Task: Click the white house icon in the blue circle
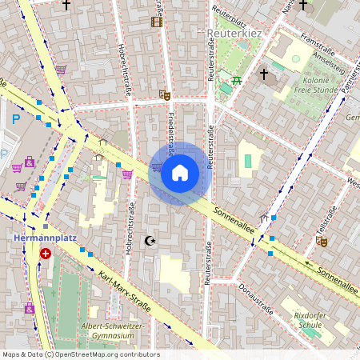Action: (x=180, y=172)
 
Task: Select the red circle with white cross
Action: (x=46, y=254)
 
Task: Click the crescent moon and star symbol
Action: (x=149, y=240)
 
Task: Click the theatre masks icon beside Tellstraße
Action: (x=322, y=240)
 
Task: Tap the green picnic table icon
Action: (x=237, y=80)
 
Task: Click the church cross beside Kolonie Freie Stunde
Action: (x=264, y=74)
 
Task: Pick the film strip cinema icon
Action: (x=157, y=22)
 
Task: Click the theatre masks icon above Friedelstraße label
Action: (x=165, y=94)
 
